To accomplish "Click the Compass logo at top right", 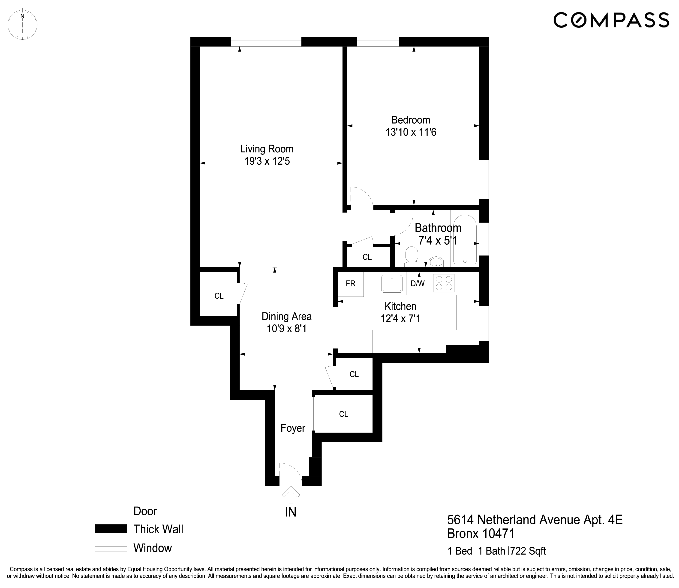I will tap(611, 20).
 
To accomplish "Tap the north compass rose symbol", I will tap(22, 25).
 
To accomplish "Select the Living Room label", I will tap(267, 149).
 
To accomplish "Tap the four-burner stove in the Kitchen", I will tap(444, 283).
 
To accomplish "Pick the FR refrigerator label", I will tap(350, 283).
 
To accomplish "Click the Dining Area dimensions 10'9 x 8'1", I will tap(286, 328).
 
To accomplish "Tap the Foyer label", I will tap(293, 428).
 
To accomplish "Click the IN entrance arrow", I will tap(291, 495).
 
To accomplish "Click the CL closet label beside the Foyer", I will tap(343, 414).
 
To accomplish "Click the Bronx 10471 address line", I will tap(481, 534).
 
